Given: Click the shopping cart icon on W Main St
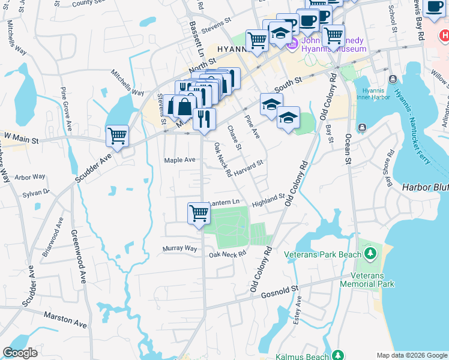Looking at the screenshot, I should [117, 135].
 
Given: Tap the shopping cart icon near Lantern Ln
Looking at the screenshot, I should [199, 212].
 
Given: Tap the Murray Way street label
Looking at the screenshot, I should [180, 248].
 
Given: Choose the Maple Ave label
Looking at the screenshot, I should [180, 160].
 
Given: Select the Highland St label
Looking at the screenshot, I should [268, 200].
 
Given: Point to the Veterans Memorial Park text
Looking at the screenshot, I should [367, 279].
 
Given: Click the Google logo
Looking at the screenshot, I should [20, 353].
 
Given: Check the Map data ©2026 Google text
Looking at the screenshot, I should [412, 355].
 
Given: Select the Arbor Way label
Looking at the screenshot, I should [30, 177].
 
